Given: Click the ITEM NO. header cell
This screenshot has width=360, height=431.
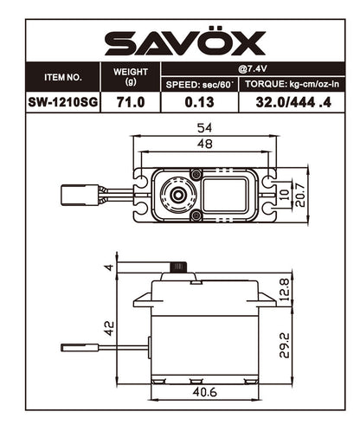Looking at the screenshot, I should [x=62, y=77].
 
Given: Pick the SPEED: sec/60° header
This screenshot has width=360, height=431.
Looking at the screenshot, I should [x=199, y=84].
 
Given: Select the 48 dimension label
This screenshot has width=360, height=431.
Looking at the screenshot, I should [x=205, y=146].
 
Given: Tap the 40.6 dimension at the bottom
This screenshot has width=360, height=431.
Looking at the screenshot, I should [x=203, y=393].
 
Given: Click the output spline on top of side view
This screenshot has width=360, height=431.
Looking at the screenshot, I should [x=181, y=267].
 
